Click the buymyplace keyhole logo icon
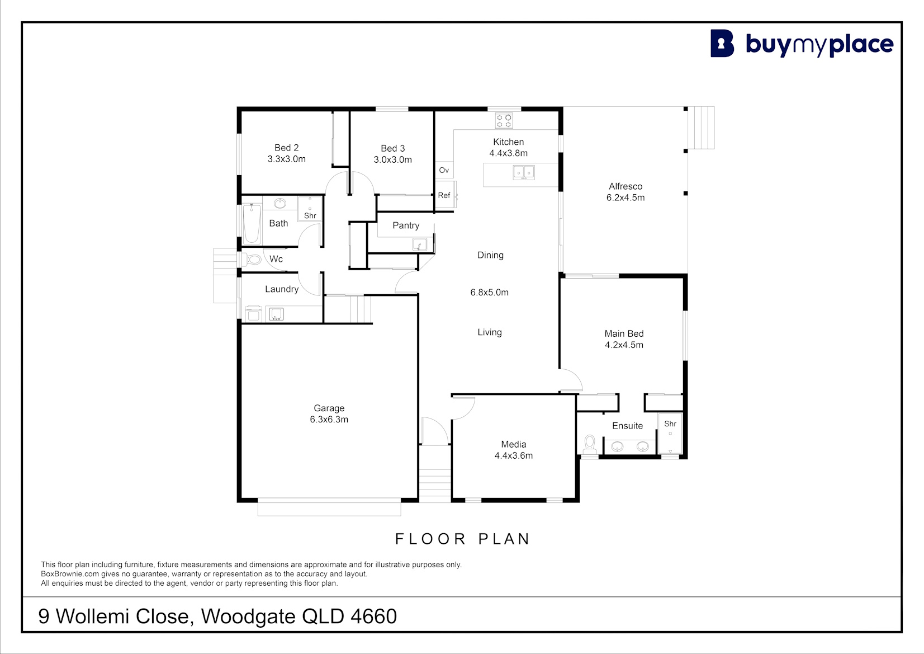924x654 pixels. [x=722, y=43]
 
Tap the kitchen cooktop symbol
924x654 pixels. [x=504, y=120]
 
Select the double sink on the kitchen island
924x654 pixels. [x=523, y=172]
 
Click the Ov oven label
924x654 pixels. [x=444, y=170]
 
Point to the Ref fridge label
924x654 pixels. [x=444, y=195]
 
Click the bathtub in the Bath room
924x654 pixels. [x=252, y=224]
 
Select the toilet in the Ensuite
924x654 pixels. [x=590, y=444]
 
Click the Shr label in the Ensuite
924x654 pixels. [x=670, y=424]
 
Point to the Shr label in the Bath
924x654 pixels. [x=310, y=215]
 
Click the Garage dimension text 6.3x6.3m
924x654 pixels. [x=329, y=420]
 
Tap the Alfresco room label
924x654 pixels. [x=626, y=186]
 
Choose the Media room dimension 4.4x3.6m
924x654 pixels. [x=514, y=455]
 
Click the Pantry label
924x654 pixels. [x=406, y=225]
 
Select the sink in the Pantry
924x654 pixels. [x=419, y=245]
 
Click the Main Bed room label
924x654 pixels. [x=624, y=333]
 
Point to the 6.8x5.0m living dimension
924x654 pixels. [x=489, y=293]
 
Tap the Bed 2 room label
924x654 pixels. [x=286, y=148]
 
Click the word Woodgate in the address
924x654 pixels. [x=248, y=617]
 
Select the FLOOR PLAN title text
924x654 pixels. [x=462, y=539]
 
